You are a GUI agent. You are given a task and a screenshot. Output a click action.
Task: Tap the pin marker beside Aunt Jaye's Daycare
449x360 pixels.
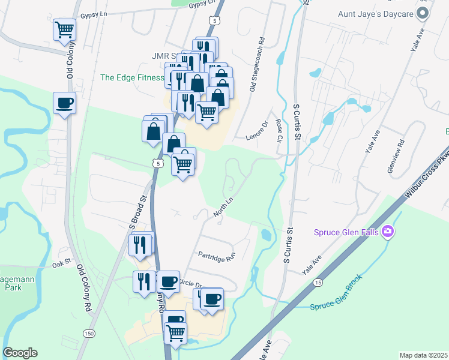[x=423, y=13]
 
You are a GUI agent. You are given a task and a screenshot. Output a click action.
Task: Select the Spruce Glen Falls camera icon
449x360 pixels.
[x=388, y=231]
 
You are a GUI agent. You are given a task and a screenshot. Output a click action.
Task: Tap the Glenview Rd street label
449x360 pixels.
[x=397, y=155]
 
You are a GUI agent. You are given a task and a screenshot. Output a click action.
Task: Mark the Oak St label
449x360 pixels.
[x=61, y=263]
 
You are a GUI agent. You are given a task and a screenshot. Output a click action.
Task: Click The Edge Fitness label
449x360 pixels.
[x=132, y=77]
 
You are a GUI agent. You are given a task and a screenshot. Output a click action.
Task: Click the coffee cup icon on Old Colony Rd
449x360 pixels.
[x=65, y=103]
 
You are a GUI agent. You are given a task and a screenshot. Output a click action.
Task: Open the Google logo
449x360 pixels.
[x=20, y=353]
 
